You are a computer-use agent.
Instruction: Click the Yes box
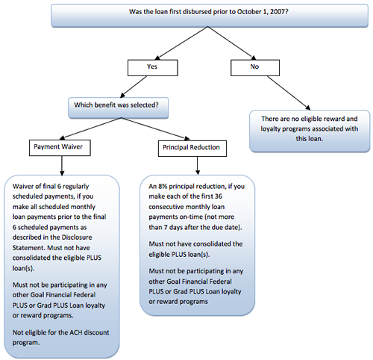[153, 68]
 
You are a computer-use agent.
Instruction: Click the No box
[255, 68]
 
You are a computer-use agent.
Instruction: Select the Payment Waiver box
[60, 148]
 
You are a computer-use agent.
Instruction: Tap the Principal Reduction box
[192, 149]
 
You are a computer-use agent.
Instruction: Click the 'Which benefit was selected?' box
[119, 108]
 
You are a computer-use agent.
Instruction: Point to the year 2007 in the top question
[278, 12]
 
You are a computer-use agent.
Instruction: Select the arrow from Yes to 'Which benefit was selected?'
[134, 87]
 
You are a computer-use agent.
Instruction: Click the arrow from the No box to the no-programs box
[289, 93]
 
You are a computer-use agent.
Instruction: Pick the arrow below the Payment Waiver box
[62, 166]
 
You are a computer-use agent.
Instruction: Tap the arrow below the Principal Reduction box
[198, 166]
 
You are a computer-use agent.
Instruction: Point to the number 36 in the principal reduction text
[218, 196]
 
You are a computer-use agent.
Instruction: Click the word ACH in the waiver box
[76, 332]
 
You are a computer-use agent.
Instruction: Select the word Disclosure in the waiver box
[77, 238]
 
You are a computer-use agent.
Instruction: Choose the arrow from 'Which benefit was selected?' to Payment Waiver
[90, 128]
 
